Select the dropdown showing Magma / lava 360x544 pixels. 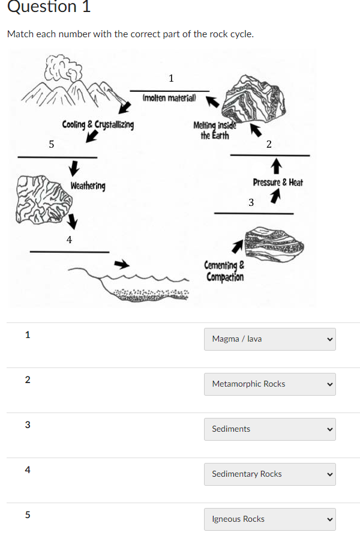pyautogui.click(x=269, y=339)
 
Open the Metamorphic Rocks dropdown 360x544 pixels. pyautogui.click(x=269, y=384)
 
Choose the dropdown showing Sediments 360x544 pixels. pyautogui.click(x=269, y=429)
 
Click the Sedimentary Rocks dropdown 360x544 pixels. pyautogui.click(x=269, y=474)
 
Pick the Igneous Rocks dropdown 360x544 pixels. pyautogui.click(x=269, y=519)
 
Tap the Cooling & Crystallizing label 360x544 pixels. pyautogui.click(x=98, y=125)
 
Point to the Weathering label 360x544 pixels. pyautogui.click(x=88, y=186)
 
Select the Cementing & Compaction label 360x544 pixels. pyautogui.click(x=224, y=271)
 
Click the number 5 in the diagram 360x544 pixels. pyautogui.click(x=51, y=144)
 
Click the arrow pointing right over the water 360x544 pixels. pyautogui.click(x=122, y=264)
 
